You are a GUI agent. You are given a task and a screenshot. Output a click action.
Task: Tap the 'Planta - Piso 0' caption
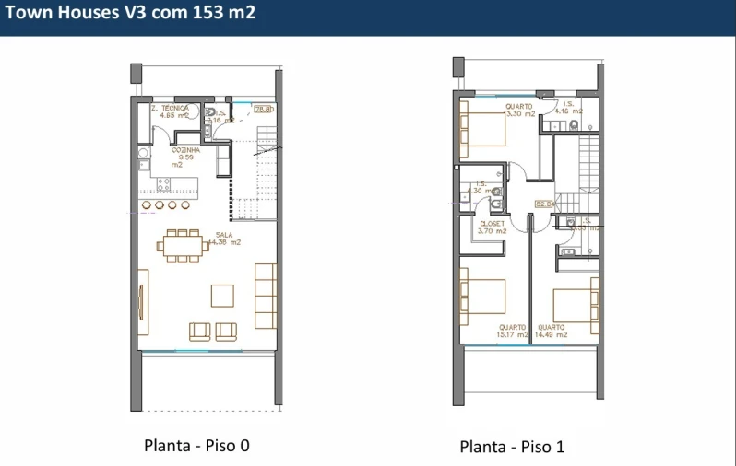tap(196, 446)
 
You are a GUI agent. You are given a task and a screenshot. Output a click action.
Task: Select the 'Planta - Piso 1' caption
tap(512, 447)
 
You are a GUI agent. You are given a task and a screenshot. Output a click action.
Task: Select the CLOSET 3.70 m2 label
tap(493, 227)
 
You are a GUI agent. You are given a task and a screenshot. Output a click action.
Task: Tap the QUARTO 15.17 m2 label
tap(513, 331)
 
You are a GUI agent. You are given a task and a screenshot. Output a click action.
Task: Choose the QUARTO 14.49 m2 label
tap(552, 331)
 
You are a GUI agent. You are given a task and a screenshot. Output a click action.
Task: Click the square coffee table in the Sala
tap(223, 295)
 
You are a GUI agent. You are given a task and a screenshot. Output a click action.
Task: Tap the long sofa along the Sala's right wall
tap(266, 296)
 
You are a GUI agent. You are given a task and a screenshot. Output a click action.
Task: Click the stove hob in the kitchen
tap(163, 184)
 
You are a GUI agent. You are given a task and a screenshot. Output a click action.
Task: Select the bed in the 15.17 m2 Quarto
tap(481, 299)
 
